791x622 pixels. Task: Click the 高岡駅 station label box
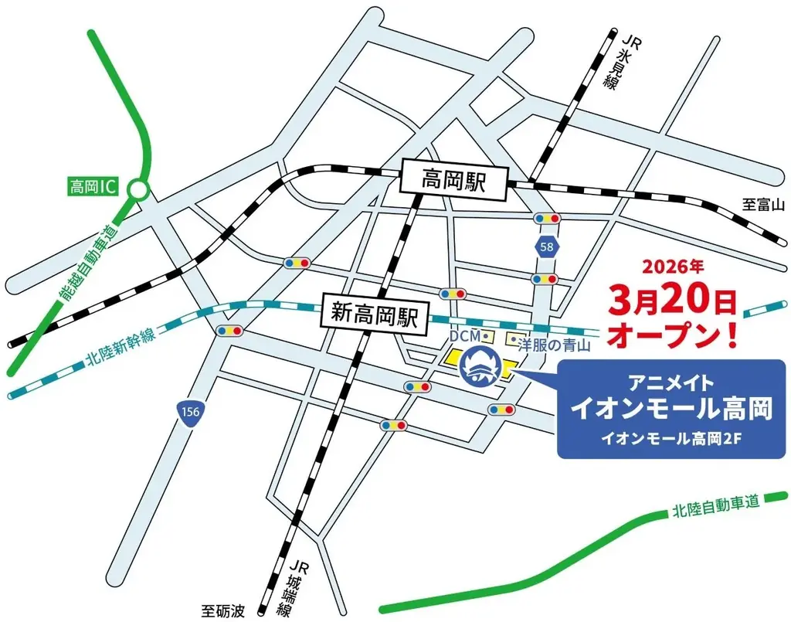pyautogui.click(x=452, y=182)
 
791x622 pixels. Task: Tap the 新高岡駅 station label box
pyautogui.click(x=375, y=314)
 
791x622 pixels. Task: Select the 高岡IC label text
pyautogui.click(x=91, y=187)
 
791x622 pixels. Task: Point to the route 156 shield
pyautogui.click(x=190, y=413)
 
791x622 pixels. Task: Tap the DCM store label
pyautogui.click(x=465, y=335)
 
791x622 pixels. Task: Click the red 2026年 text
pyautogui.click(x=674, y=267)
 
